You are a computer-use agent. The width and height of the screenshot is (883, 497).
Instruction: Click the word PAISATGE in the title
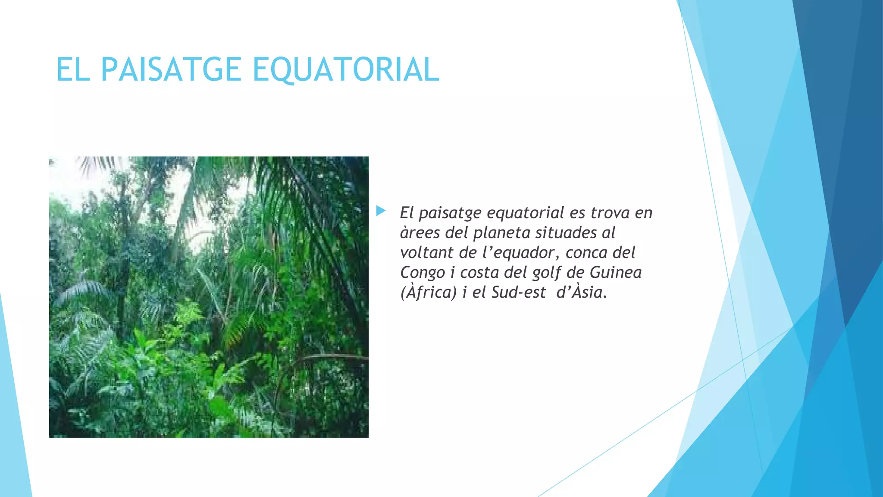[x=171, y=69]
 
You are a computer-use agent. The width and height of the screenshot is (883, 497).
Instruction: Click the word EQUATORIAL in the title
[x=346, y=69]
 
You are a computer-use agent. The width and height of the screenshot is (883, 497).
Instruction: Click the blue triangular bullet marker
[x=381, y=211]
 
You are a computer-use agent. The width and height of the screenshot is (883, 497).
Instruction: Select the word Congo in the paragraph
[x=423, y=273]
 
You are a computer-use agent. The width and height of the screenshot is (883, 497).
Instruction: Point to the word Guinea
[x=616, y=272]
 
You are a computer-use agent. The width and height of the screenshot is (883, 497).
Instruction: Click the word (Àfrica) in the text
[x=428, y=293]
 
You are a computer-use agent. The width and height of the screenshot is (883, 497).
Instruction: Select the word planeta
[x=501, y=233]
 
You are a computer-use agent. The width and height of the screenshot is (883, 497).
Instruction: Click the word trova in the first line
[x=610, y=213]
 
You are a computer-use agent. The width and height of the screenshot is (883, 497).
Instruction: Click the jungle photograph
[x=209, y=297]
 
